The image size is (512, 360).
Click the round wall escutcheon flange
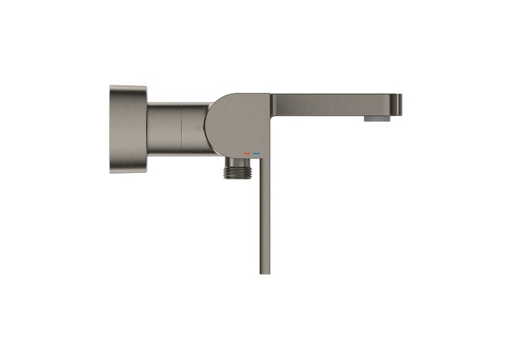[128, 129]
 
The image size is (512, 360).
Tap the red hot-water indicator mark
[246, 154]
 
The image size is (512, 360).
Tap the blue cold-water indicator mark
[256, 154]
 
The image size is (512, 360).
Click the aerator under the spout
[375, 118]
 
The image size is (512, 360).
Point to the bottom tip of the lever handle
[265, 271]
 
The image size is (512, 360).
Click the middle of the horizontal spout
[335, 105]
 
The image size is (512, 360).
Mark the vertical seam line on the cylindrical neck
[182, 128]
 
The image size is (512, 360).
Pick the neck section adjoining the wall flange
[165, 128]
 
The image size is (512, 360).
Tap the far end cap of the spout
[399, 105]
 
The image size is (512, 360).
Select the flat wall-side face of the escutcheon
[111, 129]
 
